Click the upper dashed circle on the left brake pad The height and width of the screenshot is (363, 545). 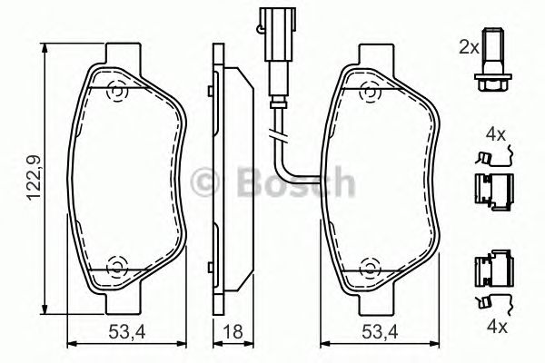coord(116,92)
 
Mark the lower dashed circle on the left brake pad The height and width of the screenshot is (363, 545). coord(116,267)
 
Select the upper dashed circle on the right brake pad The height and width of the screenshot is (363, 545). coord(370,92)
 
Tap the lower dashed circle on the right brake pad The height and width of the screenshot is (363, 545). coord(370,267)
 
